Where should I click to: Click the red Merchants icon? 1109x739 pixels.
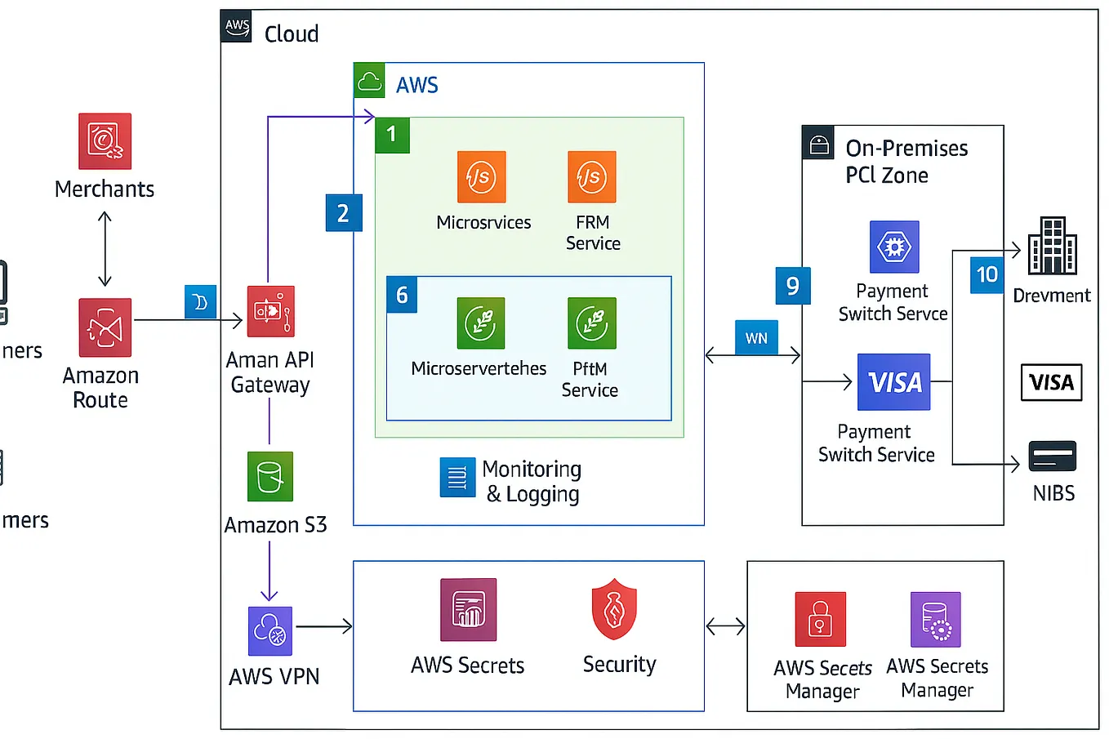coord(105,141)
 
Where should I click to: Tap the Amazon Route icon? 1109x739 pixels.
coord(105,327)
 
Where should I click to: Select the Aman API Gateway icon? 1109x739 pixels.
coord(270,311)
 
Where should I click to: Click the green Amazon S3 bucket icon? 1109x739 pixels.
coord(269,476)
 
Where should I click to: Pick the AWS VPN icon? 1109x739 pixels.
coord(269,630)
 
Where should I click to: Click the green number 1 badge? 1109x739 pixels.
coord(392,135)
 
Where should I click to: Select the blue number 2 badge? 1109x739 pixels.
coord(343,213)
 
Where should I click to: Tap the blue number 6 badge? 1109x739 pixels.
coord(402,295)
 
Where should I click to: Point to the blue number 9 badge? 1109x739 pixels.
coord(792,286)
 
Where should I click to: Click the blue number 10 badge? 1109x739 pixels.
coord(987,274)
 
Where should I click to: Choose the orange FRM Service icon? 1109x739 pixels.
coord(592,176)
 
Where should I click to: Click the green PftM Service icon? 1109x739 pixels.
coord(591,323)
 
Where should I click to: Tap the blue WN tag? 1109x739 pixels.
coord(756,338)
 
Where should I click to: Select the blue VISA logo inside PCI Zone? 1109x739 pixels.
coord(893,382)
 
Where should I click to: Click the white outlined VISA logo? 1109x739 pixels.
coord(1051,382)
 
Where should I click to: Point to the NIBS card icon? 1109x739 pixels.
coord(1052,456)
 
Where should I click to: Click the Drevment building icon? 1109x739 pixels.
coord(1052,246)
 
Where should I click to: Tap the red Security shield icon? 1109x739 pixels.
coord(614,609)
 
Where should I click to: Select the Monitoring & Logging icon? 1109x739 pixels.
coord(457,478)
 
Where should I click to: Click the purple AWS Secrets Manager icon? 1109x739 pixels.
coord(935,620)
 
